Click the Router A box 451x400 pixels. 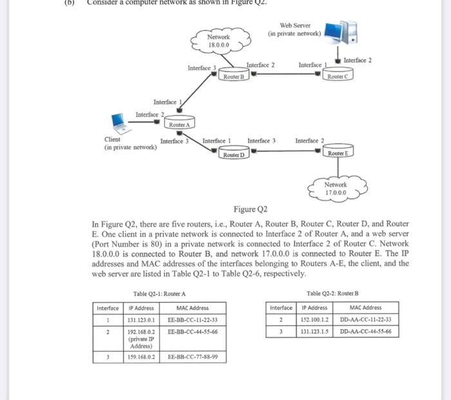pos(179,124)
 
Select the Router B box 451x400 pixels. pos(233,77)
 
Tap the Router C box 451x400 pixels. pos(338,77)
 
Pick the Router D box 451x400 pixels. pos(234,155)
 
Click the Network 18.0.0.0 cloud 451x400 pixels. pos(218,41)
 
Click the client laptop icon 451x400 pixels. pos(118,121)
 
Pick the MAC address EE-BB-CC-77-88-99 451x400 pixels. pos(192,356)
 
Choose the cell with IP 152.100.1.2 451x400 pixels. pos(314,319)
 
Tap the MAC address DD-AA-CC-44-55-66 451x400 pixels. pos(365,331)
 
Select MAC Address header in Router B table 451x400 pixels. pos(365,307)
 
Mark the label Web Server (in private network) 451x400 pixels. pos(295,29)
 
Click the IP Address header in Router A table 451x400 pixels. pos(140,308)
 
